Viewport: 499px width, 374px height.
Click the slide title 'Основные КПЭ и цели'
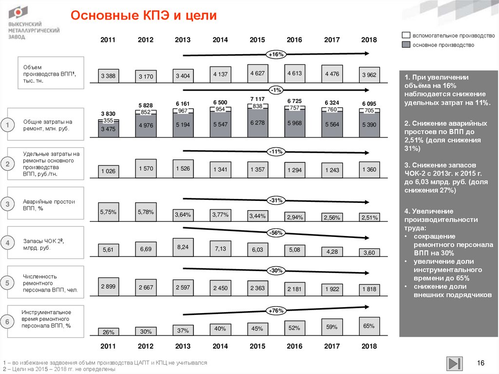click(143, 16)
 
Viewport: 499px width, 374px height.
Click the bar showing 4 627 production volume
click(257, 74)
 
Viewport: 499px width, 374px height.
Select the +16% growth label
click(275, 54)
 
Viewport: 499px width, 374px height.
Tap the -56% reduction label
click(275, 233)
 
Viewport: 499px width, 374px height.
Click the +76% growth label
click(275, 310)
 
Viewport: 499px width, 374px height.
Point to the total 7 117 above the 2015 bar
click(257, 99)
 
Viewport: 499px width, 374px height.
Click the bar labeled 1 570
click(146, 168)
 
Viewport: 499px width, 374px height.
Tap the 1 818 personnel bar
click(369, 289)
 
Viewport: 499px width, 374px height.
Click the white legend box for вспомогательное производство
click(405, 36)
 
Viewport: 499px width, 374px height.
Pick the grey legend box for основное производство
click(405, 45)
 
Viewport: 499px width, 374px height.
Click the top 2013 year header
click(183, 40)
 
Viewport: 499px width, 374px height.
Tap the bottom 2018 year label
click(369, 346)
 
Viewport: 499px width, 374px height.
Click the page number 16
click(481, 363)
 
